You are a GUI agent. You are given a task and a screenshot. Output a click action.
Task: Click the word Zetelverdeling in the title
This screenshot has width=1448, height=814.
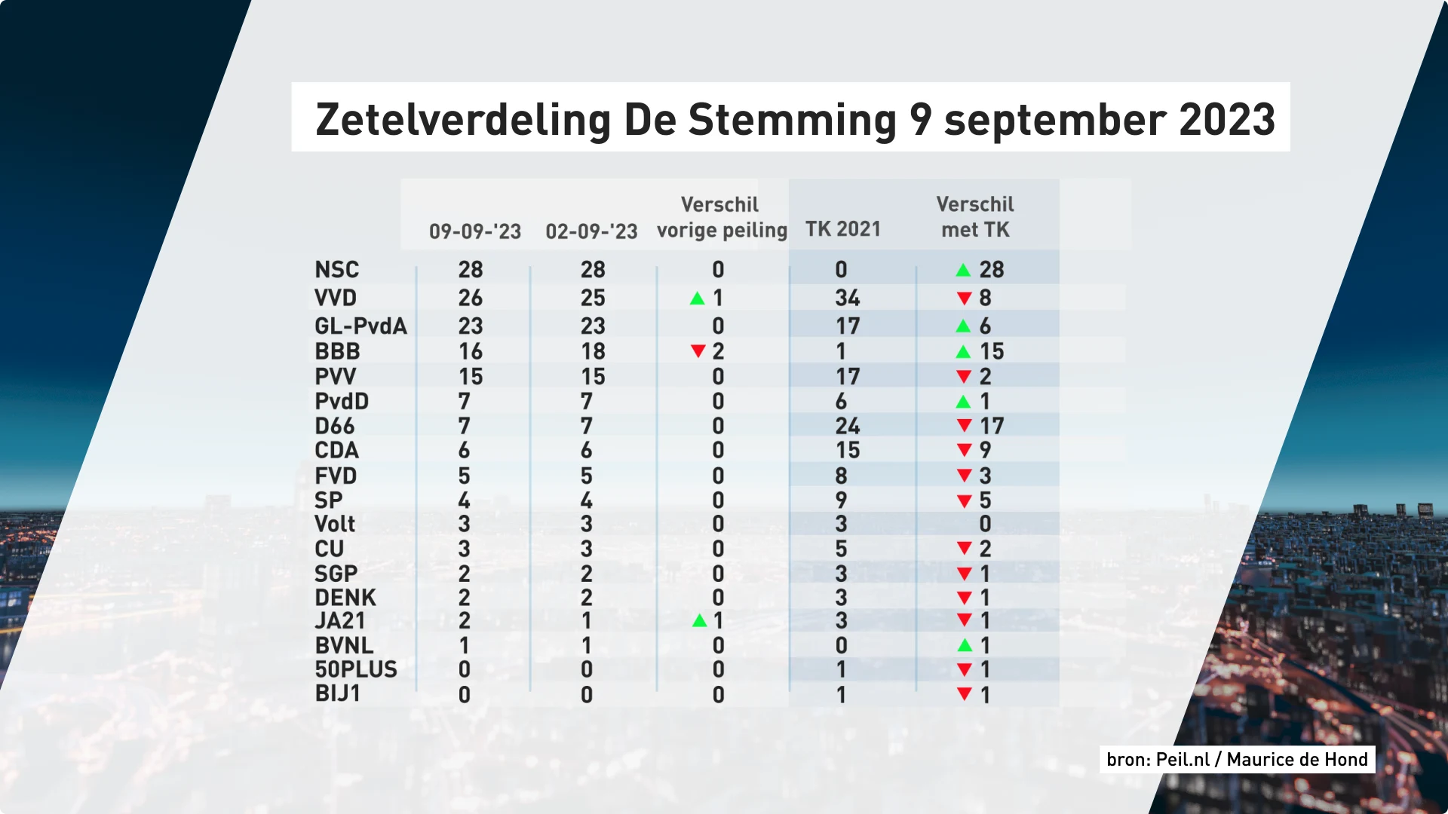[x=463, y=120]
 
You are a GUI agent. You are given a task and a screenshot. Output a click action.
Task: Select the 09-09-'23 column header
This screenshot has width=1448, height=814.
[x=475, y=231]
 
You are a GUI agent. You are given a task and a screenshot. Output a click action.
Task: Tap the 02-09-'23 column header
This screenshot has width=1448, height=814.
[x=591, y=231]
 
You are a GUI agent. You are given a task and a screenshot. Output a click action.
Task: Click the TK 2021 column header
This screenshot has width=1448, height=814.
[x=842, y=229]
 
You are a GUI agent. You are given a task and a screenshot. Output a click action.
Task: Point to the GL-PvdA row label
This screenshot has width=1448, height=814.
[x=360, y=326]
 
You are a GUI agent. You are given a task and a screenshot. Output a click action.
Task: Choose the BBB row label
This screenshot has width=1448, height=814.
[x=337, y=351]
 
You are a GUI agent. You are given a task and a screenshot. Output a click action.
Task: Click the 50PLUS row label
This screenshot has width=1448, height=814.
[x=356, y=669]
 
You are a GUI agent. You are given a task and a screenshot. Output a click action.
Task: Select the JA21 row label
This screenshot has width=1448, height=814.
[x=340, y=620]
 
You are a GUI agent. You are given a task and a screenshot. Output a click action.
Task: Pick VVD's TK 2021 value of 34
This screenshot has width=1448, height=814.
[x=847, y=298]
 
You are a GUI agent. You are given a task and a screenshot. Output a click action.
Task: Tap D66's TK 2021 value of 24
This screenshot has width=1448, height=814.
[x=847, y=426]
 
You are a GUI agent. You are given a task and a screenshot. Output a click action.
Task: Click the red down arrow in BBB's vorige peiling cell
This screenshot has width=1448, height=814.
[x=698, y=351]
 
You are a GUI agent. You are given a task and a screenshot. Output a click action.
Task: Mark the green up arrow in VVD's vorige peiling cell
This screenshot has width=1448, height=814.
[x=698, y=298]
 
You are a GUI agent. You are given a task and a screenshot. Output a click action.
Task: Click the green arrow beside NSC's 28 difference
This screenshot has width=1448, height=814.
[x=963, y=270]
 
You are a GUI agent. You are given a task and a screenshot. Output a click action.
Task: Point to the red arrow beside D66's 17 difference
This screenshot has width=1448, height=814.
[x=963, y=426]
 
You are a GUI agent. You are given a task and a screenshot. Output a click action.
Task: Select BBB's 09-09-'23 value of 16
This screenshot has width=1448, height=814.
[x=470, y=351]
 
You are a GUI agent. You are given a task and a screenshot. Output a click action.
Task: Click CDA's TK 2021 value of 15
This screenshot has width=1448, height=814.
[x=847, y=450]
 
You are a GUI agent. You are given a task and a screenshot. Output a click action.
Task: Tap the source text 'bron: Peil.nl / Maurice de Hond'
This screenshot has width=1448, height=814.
[x=1237, y=759]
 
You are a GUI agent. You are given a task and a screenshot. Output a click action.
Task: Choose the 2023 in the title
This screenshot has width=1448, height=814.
[x=1226, y=120]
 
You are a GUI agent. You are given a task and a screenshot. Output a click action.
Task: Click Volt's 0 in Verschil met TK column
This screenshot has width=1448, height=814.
[x=985, y=524]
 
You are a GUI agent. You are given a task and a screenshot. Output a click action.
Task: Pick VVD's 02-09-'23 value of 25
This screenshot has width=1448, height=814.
[x=592, y=298]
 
